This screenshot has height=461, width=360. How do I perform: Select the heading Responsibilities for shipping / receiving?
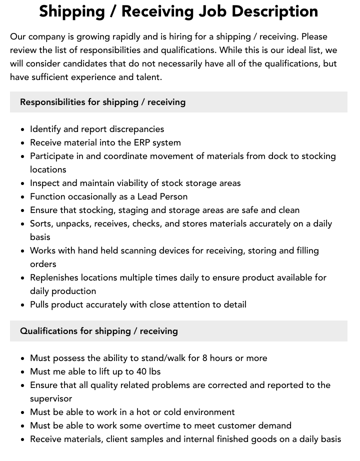click(102, 102)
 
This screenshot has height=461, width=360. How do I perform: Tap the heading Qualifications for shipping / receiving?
click(99, 331)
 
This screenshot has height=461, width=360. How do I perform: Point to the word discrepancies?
click(136, 129)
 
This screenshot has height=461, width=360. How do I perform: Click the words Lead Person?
click(162, 196)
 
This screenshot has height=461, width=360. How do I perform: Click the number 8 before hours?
click(205, 358)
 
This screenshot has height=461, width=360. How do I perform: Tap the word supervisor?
click(51, 398)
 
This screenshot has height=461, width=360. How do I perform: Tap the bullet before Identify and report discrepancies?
click(23, 129)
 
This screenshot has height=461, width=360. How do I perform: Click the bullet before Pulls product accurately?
click(23, 305)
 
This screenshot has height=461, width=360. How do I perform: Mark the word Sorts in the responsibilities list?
click(40, 223)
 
